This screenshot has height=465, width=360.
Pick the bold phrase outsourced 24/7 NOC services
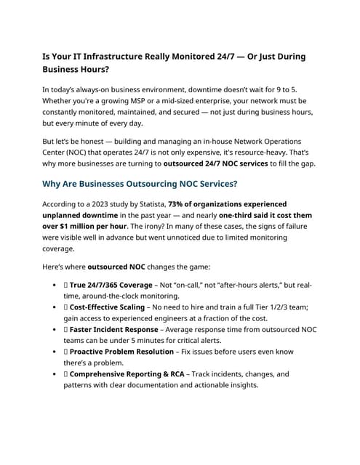tap(216, 163)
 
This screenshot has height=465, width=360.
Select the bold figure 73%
tap(178, 204)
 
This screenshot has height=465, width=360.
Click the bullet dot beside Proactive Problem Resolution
tap(56, 352)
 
